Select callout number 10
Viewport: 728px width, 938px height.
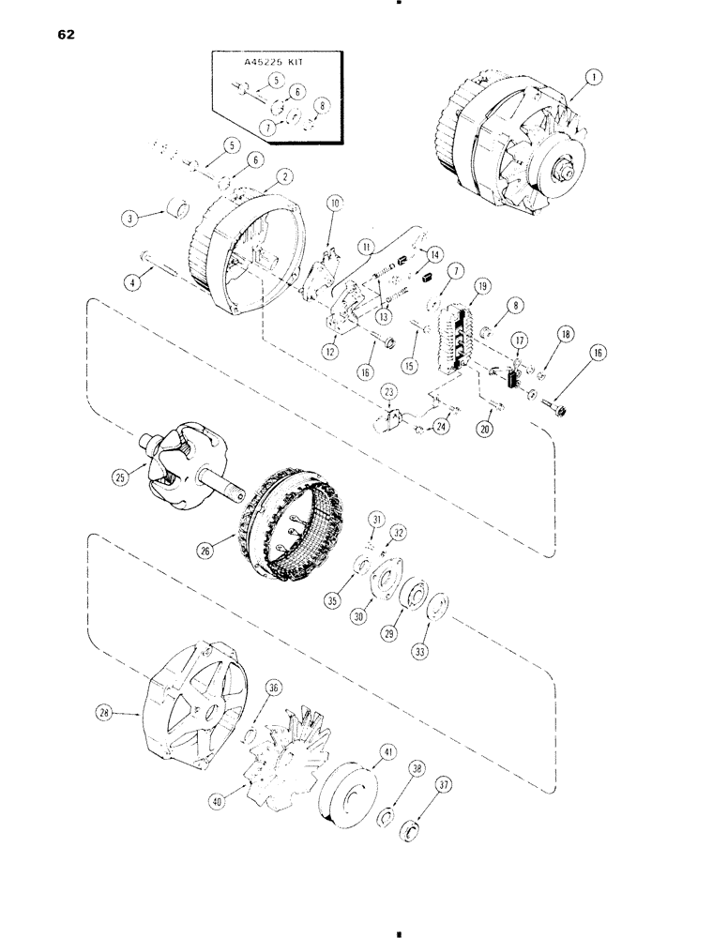[x=336, y=202]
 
